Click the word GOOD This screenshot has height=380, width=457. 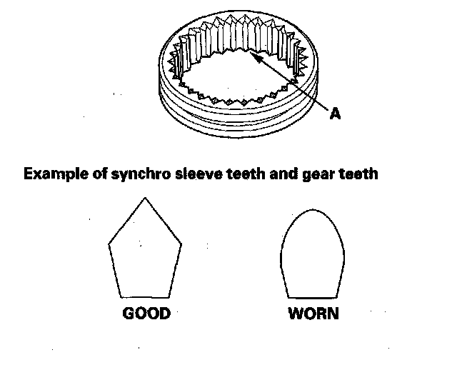tap(146, 314)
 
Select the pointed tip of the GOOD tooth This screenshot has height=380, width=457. tap(145, 198)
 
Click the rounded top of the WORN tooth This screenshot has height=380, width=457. tap(312, 209)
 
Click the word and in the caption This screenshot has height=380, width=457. tap(278, 174)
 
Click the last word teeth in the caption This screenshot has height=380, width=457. tap(354, 174)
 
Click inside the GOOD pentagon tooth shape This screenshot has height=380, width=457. tap(145, 254)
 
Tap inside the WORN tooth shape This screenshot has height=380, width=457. tap(312, 257)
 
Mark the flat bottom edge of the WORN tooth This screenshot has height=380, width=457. tap(312, 296)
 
